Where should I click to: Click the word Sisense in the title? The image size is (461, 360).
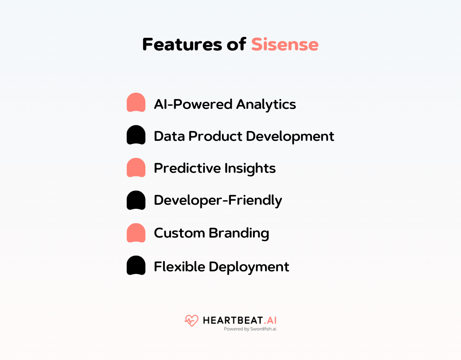(x=285, y=45)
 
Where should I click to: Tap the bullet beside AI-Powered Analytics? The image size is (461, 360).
(x=136, y=103)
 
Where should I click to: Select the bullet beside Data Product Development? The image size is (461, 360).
(x=136, y=135)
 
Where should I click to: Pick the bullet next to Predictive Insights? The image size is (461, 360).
(x=136, y=167)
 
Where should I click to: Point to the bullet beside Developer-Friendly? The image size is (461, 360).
(x=136, y=200)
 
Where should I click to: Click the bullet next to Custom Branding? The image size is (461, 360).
(x=136, y=233)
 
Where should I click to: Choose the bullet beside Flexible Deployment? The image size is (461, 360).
(x=136, y=265)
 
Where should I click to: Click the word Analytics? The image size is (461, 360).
(x=266, y=104)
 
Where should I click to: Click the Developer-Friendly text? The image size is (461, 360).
(x=218, y=201)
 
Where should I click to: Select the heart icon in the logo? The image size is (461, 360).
(x=191, y=320)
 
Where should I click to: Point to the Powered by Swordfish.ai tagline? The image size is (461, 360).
(x=250, y=329)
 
